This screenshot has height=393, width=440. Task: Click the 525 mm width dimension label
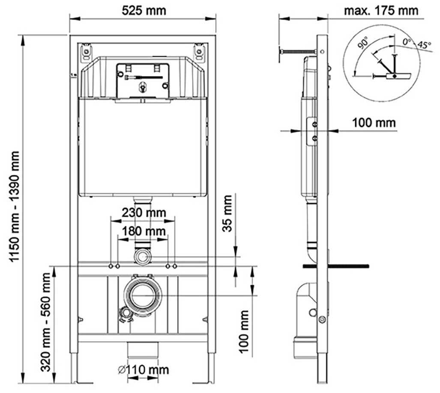(144, 10)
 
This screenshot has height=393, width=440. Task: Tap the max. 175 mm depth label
(381, 10)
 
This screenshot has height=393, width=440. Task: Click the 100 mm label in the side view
(374, 123)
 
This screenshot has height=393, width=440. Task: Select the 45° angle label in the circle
(424, 45)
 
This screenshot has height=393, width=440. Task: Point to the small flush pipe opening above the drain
(143, 257)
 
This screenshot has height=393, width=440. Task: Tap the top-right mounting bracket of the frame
(199, 52)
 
